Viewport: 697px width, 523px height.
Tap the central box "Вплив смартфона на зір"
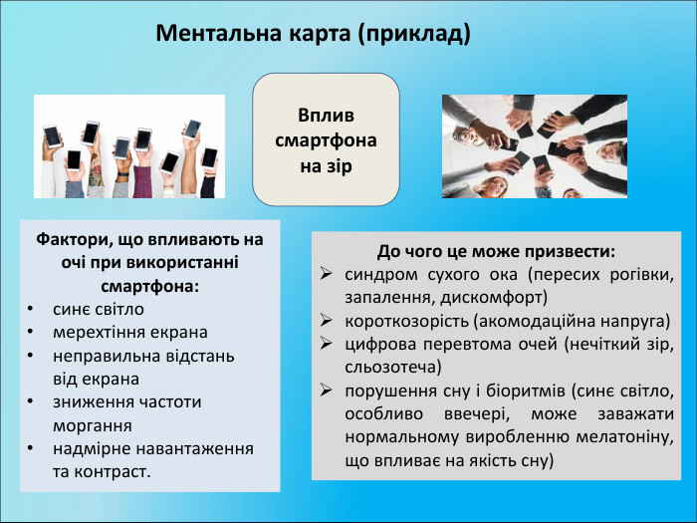coord(326,137)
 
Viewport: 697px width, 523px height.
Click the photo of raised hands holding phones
coord(129,146)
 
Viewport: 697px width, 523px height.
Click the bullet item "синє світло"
coord(99,309)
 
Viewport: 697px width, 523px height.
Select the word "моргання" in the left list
coord(90,424)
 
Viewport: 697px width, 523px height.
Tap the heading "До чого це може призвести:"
coord(496,251)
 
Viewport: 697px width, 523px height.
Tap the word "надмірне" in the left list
coord(89,448)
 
